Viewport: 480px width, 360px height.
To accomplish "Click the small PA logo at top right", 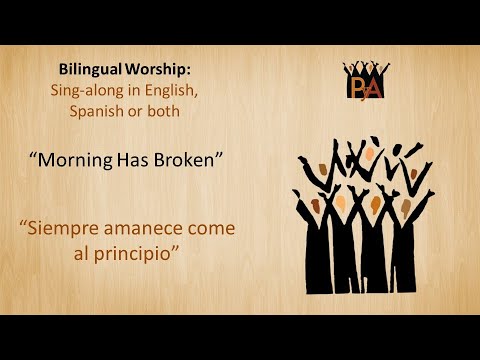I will pyautogui.click(x=366, y=82).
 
